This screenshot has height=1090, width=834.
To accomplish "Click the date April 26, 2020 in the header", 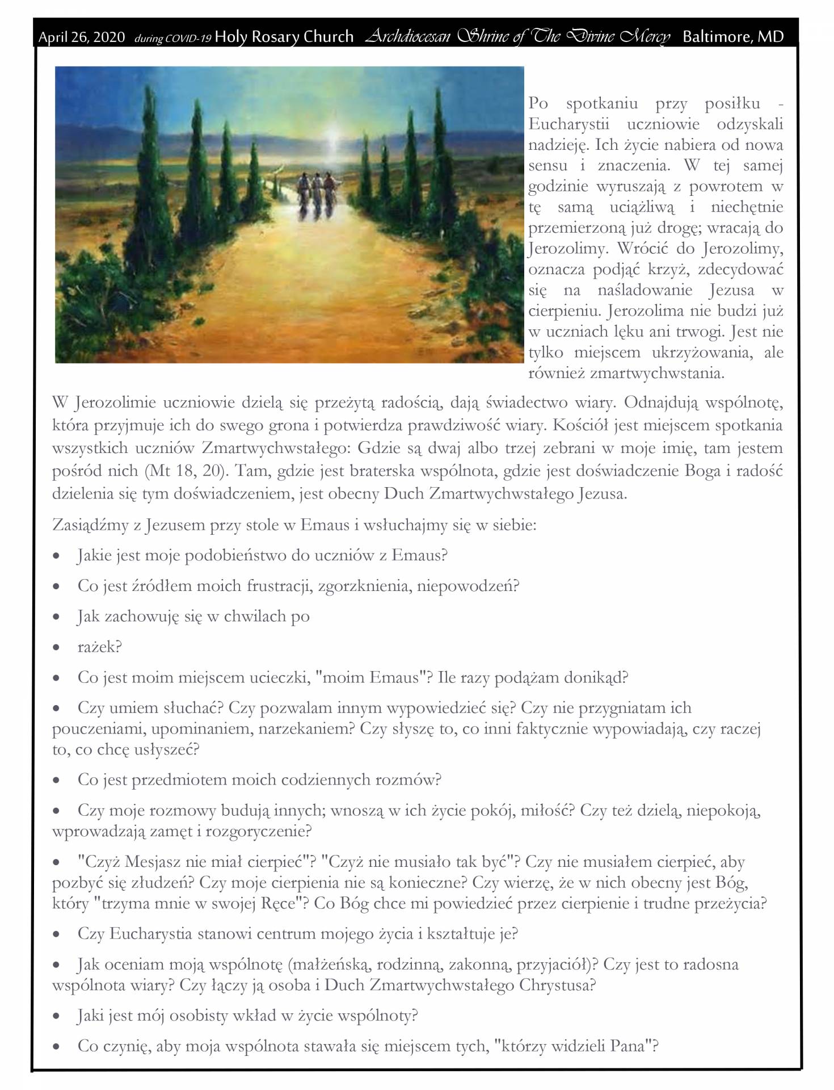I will [x=81, y=37].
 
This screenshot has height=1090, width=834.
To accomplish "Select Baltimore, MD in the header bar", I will [x=732, y=37].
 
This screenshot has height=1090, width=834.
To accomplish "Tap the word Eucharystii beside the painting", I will [x=568, y=124].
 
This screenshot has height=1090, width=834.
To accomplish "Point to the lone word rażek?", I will [x=99, y=647].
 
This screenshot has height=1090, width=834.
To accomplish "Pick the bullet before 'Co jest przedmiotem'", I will [x=56, y=781].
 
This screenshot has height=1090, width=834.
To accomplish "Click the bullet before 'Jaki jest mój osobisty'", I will [x=56, y=1017].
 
